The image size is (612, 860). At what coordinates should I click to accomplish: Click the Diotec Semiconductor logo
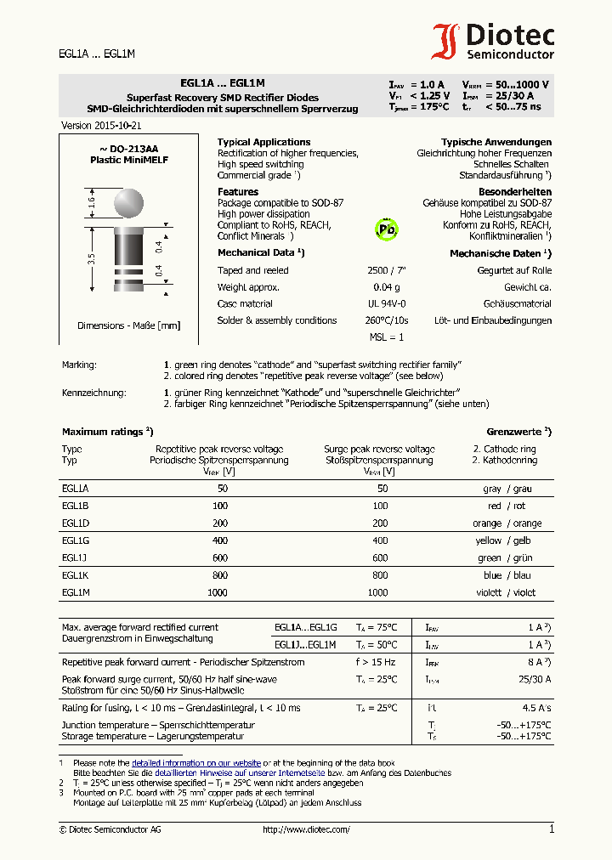pos(492,40)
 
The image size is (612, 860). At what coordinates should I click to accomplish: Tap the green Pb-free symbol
pos(387,229)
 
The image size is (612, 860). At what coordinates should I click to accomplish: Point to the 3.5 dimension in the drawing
pos(91,258)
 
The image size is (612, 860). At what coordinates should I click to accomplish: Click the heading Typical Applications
pos(263,142)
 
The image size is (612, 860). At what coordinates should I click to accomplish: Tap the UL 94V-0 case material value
pos(387,303)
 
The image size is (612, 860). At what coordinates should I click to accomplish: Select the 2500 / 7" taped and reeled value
pos(387,270)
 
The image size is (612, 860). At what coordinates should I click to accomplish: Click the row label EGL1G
pos(76,540)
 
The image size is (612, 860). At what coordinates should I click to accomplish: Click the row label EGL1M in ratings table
pos(76,592)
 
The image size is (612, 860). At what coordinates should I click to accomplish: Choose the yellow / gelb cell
pos(507,540)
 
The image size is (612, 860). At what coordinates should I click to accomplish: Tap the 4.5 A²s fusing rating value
pos(535,708)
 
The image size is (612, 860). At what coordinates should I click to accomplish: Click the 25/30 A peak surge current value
pos(535,679)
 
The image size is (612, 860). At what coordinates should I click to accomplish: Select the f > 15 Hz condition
pos(376,662)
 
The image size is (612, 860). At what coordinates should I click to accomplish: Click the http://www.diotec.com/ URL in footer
pos(306,829)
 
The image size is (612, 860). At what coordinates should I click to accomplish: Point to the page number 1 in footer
pos(552,829)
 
